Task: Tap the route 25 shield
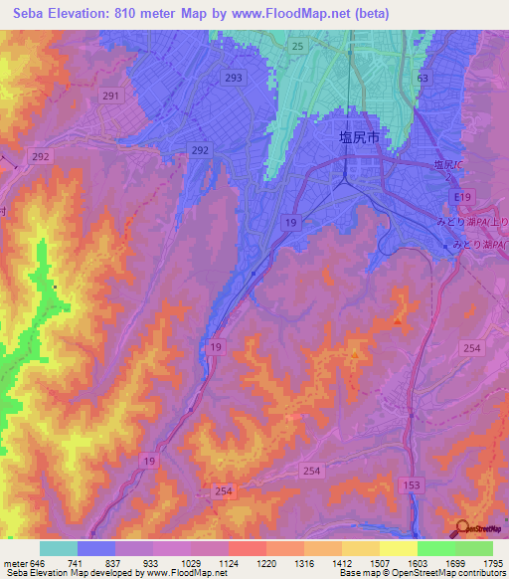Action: [297, 47]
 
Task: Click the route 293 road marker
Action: [235, 78]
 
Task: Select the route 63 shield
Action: [424, 78]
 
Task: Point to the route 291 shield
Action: [111, 96]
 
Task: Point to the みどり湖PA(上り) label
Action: [478, 222]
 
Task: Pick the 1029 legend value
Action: [189, 563]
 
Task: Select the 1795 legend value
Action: [492, 563]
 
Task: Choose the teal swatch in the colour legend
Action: [59, 548]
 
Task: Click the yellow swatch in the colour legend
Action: [399, 548]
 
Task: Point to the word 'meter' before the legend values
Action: [14, 563]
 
